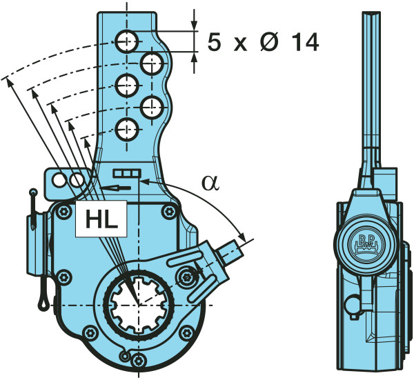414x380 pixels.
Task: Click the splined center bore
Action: pyautogui.click(x=137, y=304)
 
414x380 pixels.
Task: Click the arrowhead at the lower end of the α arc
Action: pyautogui.click(x=242, y=234)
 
